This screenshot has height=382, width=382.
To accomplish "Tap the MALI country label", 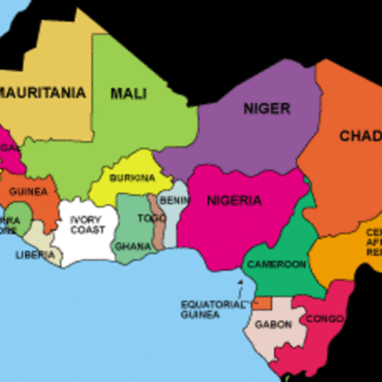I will [x=127, y=93].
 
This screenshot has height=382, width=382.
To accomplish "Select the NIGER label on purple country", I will [x=266, y=108].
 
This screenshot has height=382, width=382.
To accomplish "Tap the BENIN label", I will [x=175, y=201].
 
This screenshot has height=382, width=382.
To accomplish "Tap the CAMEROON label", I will [x=277, y=264].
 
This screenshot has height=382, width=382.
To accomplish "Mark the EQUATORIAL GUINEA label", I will [x=207, y=308].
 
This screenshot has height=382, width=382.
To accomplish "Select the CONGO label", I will [x=324, y=318].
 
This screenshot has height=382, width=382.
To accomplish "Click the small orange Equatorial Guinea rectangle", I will [x=261, y=303].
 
